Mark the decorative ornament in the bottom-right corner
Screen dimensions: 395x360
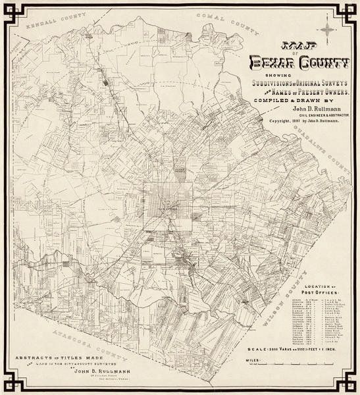tap(344, 379)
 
